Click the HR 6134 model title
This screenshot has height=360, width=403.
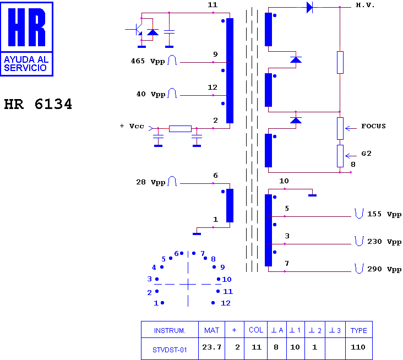coord(38,104)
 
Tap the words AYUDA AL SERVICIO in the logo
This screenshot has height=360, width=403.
coord(26,64)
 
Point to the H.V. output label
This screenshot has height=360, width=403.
coord(365,5)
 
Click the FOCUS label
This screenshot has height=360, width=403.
coord(373,126)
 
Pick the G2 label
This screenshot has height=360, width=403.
coord(366,154)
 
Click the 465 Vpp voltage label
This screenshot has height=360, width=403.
coord(148,61)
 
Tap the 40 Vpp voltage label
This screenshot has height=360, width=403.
coord(151,94)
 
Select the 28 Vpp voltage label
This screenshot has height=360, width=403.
coord(151,182)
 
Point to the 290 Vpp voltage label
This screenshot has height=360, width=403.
coord(384,269)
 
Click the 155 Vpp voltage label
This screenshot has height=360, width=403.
coord(384,214)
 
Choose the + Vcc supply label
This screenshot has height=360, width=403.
coord(132,126)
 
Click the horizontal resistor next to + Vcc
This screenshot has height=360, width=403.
coord(180,129)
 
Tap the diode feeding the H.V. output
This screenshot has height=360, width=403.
coord(310,7)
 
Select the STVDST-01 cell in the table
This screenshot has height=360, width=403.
coord(170,350)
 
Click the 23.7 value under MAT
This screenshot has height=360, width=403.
coord(211,347)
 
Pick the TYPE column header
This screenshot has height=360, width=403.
coord(359,330)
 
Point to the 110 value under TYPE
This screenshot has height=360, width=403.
coord(358,347)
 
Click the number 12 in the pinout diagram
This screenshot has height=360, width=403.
coord(226,303)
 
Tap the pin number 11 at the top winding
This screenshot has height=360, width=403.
coord(213,4)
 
